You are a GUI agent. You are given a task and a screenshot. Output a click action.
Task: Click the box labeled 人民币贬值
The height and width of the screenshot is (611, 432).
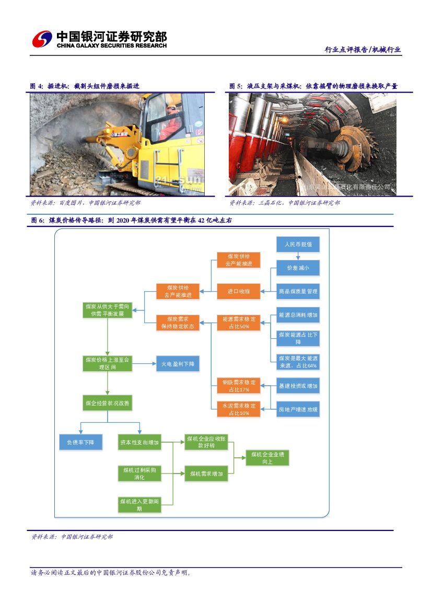pyautogui.click(x=298, y=244)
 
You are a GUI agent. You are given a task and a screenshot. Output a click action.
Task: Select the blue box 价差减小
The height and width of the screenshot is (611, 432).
pyautogui.click(x=298, y=268)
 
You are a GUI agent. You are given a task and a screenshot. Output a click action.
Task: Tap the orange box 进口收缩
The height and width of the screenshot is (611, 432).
pyautogui.click(x=238, y=291)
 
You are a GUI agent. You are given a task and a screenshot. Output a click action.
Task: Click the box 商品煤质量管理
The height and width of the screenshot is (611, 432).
pyautogui.click(x=298, y=291)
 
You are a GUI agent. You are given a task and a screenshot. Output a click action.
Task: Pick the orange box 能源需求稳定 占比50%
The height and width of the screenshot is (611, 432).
pyautogui.click(x=238, y=322)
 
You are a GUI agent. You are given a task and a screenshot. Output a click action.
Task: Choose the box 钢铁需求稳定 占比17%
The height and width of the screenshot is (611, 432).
pyautogui.click(x=238, y=386)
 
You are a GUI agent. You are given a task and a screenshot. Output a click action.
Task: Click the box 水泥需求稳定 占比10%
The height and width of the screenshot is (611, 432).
pyautogui.click(x=238, y=409)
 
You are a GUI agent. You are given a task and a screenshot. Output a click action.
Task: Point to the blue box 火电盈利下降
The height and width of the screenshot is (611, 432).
pyautogui.click(x=178, y=363)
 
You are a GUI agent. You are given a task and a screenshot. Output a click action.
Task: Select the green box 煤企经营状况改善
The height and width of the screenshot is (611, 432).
pyautogui.click(x=108, y=403)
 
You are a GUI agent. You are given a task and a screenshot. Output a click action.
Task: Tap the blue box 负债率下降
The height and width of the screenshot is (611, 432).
pyautogui.click(x=80, y=442)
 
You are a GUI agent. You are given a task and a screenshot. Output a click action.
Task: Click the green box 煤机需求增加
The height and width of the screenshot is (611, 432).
pyautogui.click(x=206, y=474)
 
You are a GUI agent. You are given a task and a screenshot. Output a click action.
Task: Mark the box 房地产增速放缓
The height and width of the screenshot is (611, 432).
pyautogui.click(x=298, y=409)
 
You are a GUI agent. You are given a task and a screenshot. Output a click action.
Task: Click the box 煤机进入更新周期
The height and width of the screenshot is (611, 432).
pyautogui.click(x=139, y=504)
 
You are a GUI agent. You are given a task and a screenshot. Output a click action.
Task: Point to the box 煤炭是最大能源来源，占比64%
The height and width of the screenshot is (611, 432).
pyautogui.click(x=298, y=362)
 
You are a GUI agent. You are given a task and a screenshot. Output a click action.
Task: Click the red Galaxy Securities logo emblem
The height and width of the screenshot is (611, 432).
pyautogui.click(x=42, y=39)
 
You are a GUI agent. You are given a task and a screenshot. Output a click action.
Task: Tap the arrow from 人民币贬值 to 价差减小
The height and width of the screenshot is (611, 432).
pyautogui.click(x=298, y=256)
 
